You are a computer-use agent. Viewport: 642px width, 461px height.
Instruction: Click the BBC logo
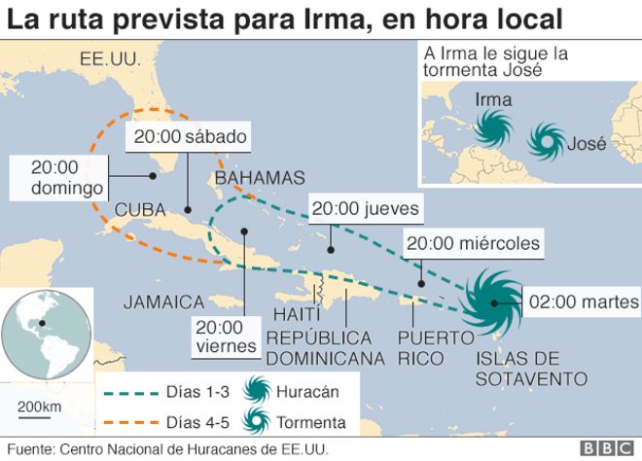tap(604, 448)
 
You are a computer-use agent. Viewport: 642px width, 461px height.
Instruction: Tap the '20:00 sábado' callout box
tap(191, 136)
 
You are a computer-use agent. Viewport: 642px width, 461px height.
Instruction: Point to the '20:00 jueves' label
tap(366, 208)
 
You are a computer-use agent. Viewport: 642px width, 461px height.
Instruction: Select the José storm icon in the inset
tap(546, 142)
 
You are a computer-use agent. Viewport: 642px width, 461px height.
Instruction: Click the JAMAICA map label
tap(163, 302)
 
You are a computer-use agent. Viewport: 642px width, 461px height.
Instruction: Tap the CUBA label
tap(141, 209)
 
